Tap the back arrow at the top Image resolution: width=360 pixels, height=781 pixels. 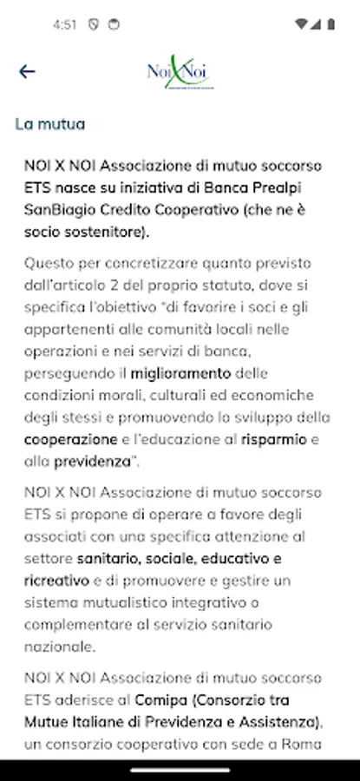click(x=27, y=71)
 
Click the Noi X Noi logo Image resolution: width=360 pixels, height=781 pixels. click(x=180, y=72)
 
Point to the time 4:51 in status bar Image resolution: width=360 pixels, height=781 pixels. click(x=64, y=24)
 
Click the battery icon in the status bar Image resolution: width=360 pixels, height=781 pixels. click(x=331, y=24)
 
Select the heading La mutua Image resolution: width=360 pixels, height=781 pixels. click(x=50, y=124)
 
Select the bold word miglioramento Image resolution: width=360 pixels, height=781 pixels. click(x=180, y=374)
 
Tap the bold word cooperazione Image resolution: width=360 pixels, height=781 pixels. click(x=70, y=440)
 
